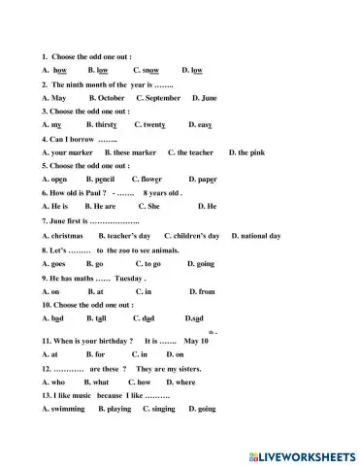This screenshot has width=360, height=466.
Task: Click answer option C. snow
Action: (x=145, y=71)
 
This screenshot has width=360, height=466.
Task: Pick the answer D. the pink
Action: (x=246, y=152)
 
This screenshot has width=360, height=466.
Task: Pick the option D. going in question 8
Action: (x=200, y=263)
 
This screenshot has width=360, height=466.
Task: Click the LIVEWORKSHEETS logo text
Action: (x=301, y=454)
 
